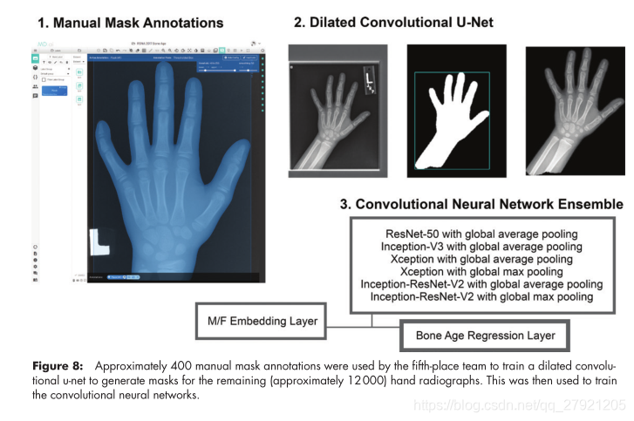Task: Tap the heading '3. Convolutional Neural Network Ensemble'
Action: [x=481, y=204]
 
